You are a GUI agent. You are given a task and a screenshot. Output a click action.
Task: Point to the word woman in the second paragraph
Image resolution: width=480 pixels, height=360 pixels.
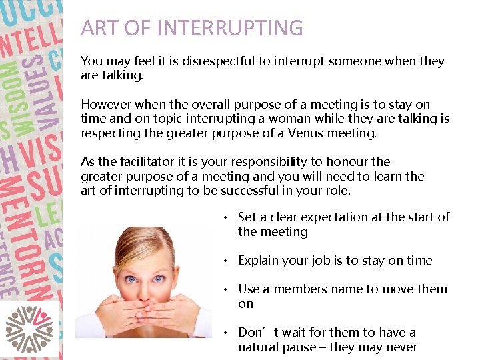[x=313, y=119]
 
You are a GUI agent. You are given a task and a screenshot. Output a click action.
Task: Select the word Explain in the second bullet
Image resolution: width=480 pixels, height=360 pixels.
[x=259, y=261]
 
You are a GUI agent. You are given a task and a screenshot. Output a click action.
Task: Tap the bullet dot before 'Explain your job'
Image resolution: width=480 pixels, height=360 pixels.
[x=227, y=261]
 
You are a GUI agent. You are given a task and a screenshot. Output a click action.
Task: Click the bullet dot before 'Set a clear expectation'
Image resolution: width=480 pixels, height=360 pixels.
[x=227, y=217]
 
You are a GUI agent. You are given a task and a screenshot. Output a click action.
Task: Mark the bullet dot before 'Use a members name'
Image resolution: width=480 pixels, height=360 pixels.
[x=227, y=289]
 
